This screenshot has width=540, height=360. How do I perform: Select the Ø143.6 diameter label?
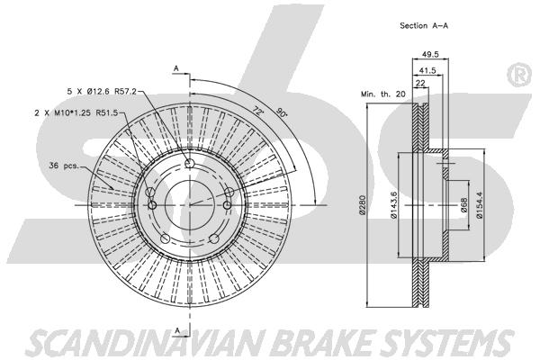(393, 206)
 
